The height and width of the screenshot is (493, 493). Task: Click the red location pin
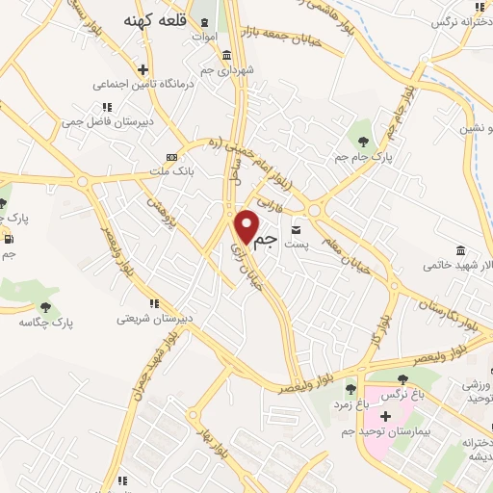point(248,226)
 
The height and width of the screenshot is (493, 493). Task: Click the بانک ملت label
point(171,170)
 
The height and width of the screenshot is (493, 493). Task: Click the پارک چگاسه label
point(45,321)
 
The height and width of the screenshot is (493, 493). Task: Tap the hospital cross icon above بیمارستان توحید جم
point(385,417)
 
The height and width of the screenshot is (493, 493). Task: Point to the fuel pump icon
point(9,239)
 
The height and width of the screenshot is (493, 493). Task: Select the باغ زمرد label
point(353,405)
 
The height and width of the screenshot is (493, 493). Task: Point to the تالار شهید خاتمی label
point(462,264)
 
